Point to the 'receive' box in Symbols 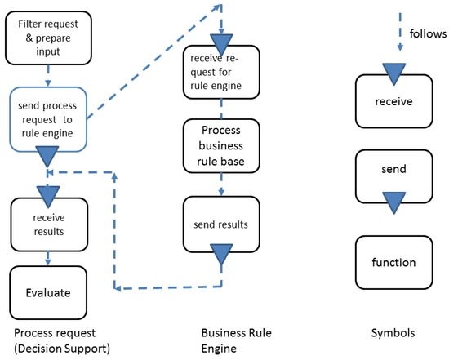tap(393, 102)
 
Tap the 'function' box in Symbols tap(393, 262)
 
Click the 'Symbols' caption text tap(393, 334)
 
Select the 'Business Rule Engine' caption tap(236, 342)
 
